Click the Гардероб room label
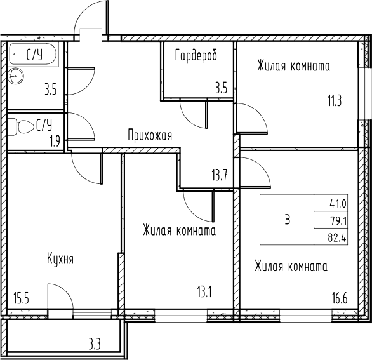[196, 56]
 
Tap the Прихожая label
[150, 135]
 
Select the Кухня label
[60, 259]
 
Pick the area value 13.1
[204, 293]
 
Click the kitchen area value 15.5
[22, 296]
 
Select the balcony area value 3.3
[95, 345]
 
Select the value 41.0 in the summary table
[337, 204]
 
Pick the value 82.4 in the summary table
[337, 239]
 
